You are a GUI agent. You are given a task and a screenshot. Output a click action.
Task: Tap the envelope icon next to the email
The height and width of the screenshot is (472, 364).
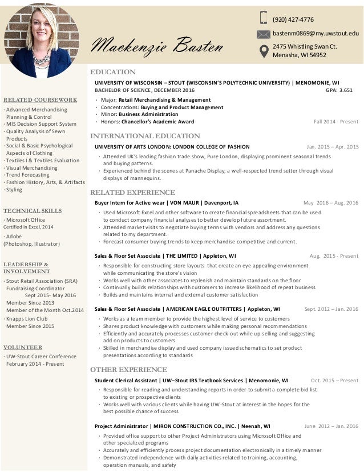coord(264,34)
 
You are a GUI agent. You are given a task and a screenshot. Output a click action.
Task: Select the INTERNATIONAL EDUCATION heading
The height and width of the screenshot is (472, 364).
coord(145,136)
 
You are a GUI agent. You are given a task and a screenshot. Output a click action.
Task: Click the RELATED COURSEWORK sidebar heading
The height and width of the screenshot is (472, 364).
coord(40,99)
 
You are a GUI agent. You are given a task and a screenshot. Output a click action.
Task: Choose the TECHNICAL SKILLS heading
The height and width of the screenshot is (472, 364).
coord(32,210)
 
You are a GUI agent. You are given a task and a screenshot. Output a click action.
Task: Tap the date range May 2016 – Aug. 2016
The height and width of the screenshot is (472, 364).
coord(330,203)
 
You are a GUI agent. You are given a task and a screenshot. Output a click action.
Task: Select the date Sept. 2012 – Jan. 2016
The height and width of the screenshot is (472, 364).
coord(331,309)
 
